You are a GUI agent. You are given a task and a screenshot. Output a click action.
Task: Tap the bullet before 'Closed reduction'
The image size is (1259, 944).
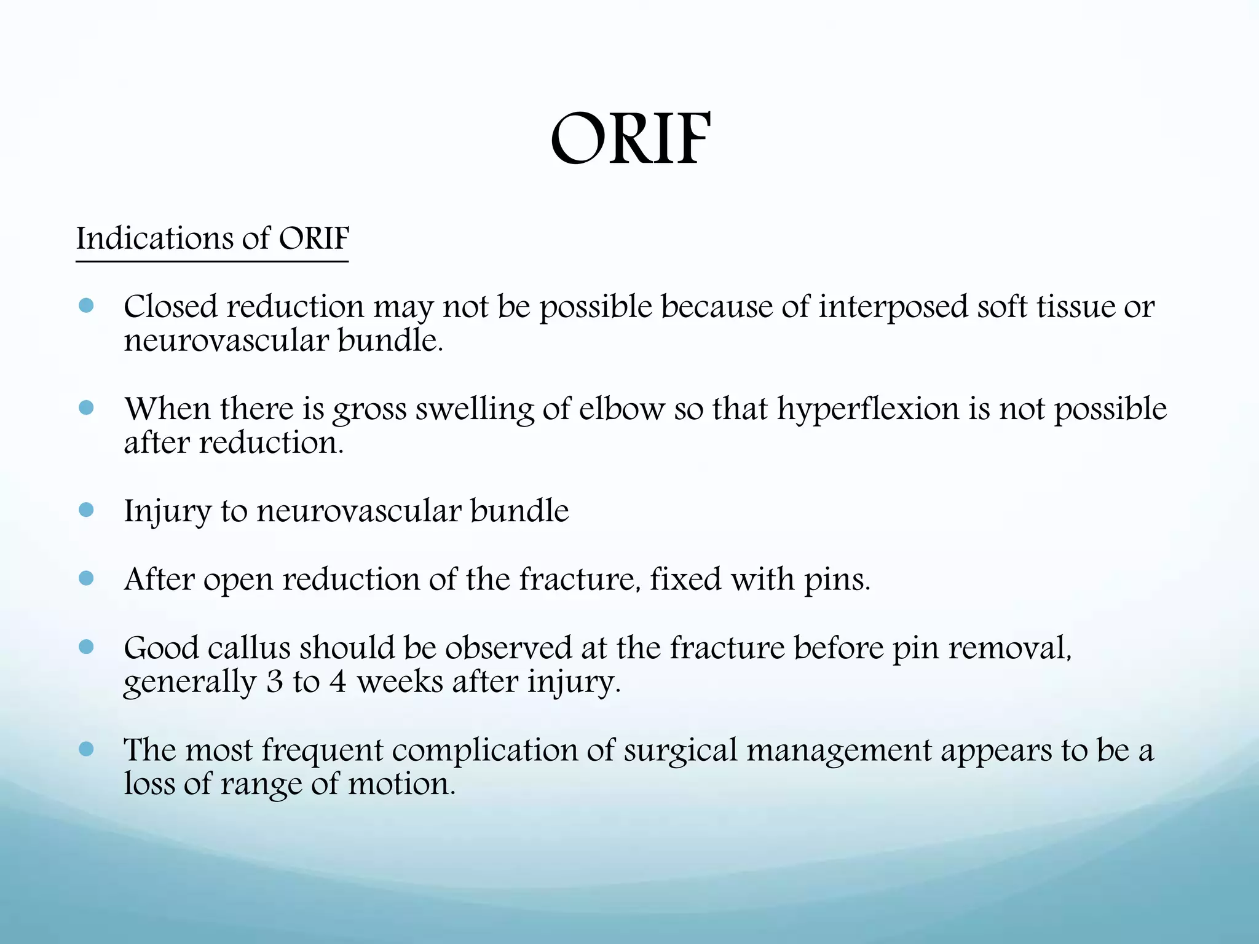pos(87,306)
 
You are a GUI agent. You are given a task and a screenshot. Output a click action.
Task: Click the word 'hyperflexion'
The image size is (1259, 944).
pos(867,409)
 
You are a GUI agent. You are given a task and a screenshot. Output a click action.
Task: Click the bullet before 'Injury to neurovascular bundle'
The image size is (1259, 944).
pos(87,509)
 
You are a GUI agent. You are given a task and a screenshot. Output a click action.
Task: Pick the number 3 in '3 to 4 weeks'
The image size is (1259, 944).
pos(274,682)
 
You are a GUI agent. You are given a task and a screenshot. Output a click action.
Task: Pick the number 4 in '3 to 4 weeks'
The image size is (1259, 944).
pos(337,682)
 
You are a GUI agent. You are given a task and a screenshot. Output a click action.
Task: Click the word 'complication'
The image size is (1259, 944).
pos(484,750)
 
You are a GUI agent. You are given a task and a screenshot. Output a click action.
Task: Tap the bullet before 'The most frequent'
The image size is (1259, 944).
pos(87,749)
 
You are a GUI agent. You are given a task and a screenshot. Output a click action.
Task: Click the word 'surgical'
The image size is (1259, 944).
pos(680,750)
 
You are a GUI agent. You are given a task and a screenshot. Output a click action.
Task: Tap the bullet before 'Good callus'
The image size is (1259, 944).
pos(87,647)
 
